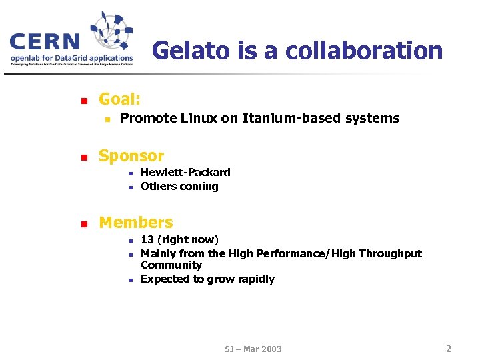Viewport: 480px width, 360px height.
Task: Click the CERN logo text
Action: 45,43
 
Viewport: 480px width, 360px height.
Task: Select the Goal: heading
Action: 119,100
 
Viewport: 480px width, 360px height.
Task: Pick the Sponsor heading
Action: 131,156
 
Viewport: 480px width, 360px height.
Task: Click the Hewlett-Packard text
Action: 185,172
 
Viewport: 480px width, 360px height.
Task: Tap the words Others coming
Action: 179,187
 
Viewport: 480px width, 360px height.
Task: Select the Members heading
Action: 135,223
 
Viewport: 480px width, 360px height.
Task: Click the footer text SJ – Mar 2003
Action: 253,349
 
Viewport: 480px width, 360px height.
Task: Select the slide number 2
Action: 449,349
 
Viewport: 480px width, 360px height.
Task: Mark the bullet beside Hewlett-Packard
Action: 132,173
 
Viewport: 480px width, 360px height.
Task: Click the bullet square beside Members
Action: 83,225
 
